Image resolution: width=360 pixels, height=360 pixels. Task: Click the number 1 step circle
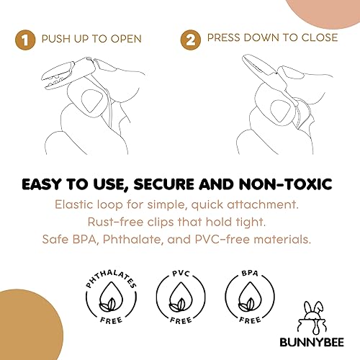click(x=27, y=38)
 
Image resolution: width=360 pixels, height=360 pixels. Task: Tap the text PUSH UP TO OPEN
click(x=91, y=38)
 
